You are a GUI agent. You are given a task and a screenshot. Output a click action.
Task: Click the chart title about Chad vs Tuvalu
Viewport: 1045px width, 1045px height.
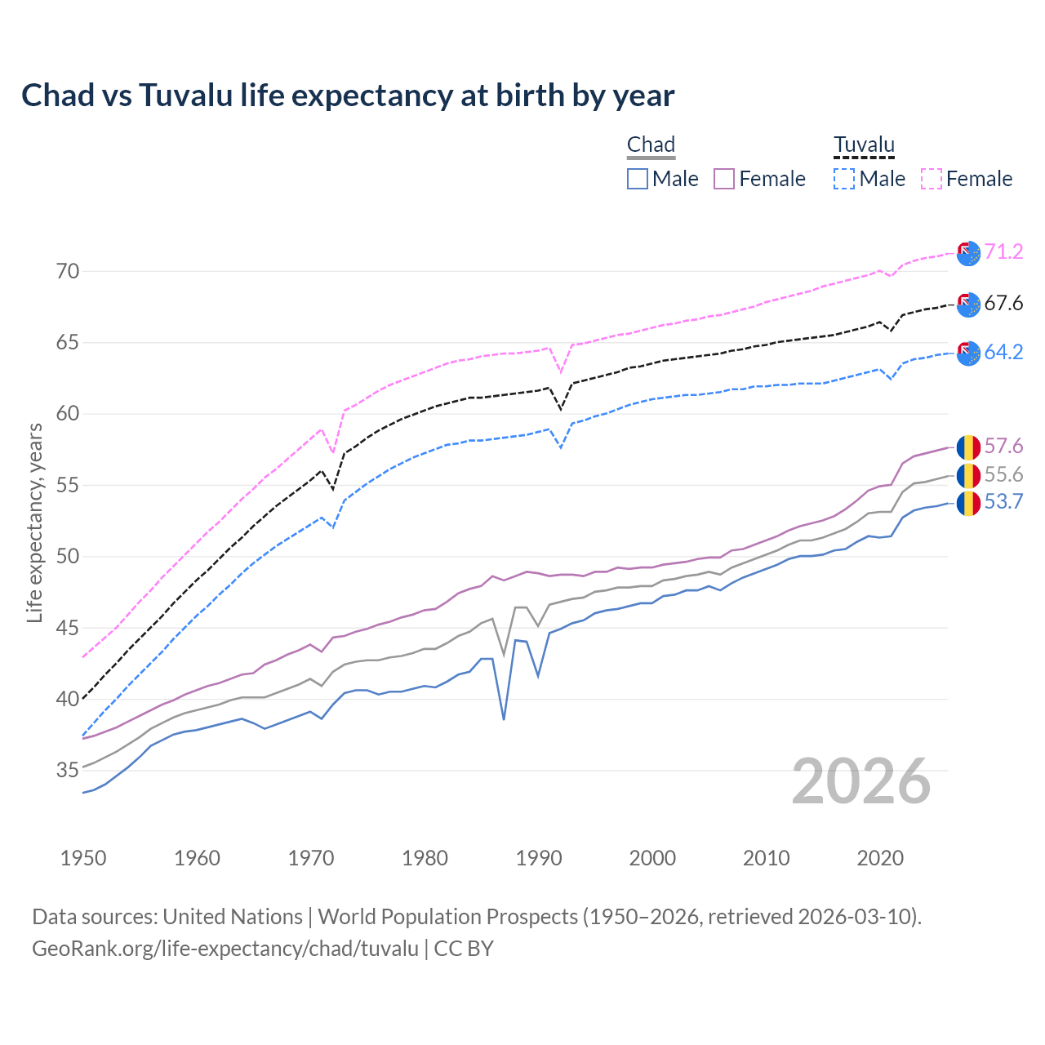click(348, 96)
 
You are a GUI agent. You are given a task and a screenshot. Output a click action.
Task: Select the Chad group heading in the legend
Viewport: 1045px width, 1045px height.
click(651, 145)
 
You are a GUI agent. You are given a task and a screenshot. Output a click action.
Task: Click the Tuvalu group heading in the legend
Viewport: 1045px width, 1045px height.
click(864, 145)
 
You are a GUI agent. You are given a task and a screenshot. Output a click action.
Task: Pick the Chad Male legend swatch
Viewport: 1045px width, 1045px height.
click(638, 179)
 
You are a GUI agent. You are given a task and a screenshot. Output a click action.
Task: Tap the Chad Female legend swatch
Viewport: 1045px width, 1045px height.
click(724, 179)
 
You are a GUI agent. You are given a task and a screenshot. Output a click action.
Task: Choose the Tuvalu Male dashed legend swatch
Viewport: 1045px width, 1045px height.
click(844, 179)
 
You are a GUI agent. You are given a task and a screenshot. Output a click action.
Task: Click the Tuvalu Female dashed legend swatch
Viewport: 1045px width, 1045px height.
click(932, 179)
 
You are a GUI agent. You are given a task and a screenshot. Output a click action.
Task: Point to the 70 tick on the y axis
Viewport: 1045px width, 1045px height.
click(68, 271)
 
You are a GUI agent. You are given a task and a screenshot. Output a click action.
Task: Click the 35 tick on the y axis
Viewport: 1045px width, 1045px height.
click(68, 770)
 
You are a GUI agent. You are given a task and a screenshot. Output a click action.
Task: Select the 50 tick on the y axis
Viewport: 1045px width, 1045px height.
click(68, 556)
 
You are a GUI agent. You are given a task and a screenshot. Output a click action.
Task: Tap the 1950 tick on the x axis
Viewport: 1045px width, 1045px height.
click(83, 858)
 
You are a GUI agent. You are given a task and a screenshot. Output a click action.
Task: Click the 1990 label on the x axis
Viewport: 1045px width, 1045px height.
click(539, 858)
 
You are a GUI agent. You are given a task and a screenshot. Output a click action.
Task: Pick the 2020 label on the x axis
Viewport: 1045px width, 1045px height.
click(880, 858)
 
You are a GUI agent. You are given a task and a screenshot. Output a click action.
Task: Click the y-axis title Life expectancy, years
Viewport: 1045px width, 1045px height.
click(34, 522)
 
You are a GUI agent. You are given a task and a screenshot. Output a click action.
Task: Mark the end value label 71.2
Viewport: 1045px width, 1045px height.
click(1003, 251)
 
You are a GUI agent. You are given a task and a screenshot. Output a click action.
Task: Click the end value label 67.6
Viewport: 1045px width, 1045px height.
click(1003, 304)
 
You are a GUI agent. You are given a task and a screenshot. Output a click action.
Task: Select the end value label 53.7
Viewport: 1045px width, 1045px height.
click(1003, 501)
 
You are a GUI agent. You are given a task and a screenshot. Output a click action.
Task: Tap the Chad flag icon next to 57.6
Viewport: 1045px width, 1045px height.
click(968, 447)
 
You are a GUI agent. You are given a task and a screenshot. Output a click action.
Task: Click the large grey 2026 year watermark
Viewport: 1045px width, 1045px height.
click(861, 782)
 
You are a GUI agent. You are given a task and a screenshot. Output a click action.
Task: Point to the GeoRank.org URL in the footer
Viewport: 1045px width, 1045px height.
click(225, 949)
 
